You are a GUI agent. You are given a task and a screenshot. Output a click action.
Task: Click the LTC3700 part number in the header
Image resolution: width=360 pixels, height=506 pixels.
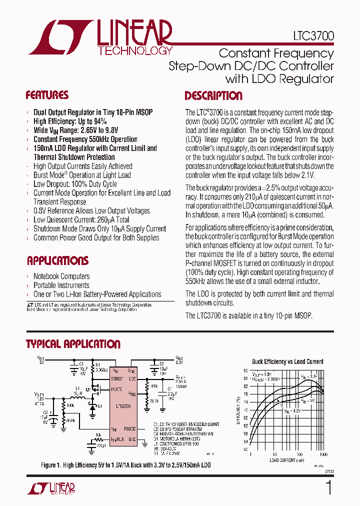(x=313, y=36)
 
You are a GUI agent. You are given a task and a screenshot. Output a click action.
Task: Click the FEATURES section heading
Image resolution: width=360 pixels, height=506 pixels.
(x=47, y=95)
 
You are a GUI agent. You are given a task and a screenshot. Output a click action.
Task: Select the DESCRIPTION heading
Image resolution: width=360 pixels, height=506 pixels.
(x=213, y=96)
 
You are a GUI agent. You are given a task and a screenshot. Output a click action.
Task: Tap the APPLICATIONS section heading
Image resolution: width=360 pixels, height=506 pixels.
(x=57, y=260)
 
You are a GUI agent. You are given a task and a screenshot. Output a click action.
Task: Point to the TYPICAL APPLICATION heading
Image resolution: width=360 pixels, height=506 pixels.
(x=73, y=344)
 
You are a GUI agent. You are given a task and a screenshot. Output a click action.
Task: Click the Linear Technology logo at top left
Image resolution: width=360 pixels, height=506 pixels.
(x=100, y=37)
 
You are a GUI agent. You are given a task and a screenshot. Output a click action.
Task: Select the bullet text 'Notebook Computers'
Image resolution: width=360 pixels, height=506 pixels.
(x=61, y=276)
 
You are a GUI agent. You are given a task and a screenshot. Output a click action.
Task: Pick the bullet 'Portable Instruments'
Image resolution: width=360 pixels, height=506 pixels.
(x=61, y=285)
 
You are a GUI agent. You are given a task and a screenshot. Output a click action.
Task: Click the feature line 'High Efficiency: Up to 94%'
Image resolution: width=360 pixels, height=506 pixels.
(x=70, y=121)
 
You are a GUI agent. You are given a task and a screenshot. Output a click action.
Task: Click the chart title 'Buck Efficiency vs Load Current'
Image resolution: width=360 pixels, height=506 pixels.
(x=287, y=361)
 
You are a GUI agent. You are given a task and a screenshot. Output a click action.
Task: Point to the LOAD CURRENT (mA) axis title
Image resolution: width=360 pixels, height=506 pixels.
(x=286, y=460)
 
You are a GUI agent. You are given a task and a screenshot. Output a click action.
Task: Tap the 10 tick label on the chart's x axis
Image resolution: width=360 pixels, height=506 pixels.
(x=274, y=454)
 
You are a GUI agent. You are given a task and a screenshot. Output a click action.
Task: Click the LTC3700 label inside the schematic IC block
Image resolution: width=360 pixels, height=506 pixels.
(x=123, y=406)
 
